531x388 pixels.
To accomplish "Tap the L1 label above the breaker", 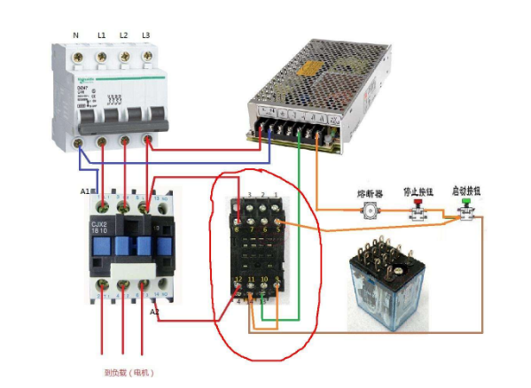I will (101, 35).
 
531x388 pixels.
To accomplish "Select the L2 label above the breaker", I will (123, 35).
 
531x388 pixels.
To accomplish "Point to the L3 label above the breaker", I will (145, 35).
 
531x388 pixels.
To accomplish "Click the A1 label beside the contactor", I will (85, 190).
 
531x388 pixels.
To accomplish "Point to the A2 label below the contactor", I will (155, 312).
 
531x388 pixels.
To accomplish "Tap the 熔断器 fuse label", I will (368, 191).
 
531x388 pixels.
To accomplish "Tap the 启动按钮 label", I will (465, 190).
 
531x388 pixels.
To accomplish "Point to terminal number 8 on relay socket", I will (237, 229).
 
